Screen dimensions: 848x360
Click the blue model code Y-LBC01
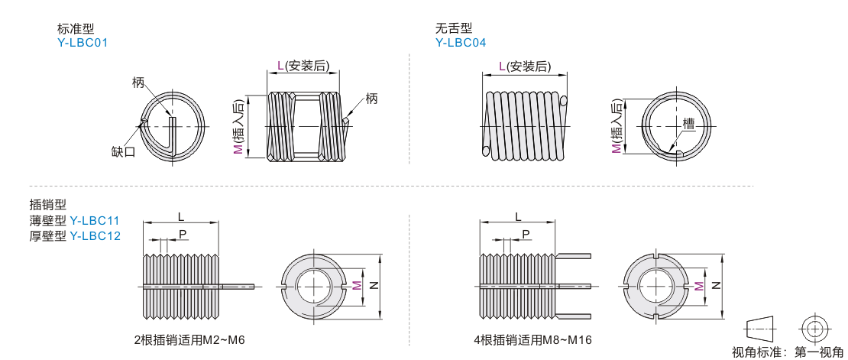pos(83,42)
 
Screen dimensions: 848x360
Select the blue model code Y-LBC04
pos(461,42)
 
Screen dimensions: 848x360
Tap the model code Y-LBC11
pos(95,220)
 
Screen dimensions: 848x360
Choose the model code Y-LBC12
pos(95,235)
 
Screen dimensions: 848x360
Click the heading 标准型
pos(71,28)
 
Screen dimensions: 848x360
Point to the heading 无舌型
pos(449,28)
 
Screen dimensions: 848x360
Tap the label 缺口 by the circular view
pos(123,152)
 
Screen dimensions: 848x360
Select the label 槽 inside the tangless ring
pos(688,124)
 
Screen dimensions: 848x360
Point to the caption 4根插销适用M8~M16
pos(532,340)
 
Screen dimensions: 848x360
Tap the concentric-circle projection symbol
pos(813,328)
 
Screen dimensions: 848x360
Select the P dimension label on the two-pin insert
pos(183,233)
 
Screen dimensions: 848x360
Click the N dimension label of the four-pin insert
pos(715,286)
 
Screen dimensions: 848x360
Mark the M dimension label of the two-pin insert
pos(357,285)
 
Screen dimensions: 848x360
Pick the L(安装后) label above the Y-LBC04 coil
pos(525,66)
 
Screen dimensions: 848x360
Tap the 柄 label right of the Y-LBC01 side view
pos(371,99)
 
